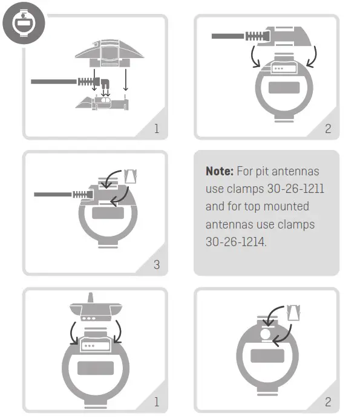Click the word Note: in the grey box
point(220,172)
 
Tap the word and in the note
point(215,207)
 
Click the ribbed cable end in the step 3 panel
point(80,195)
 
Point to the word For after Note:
point(247,172)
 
